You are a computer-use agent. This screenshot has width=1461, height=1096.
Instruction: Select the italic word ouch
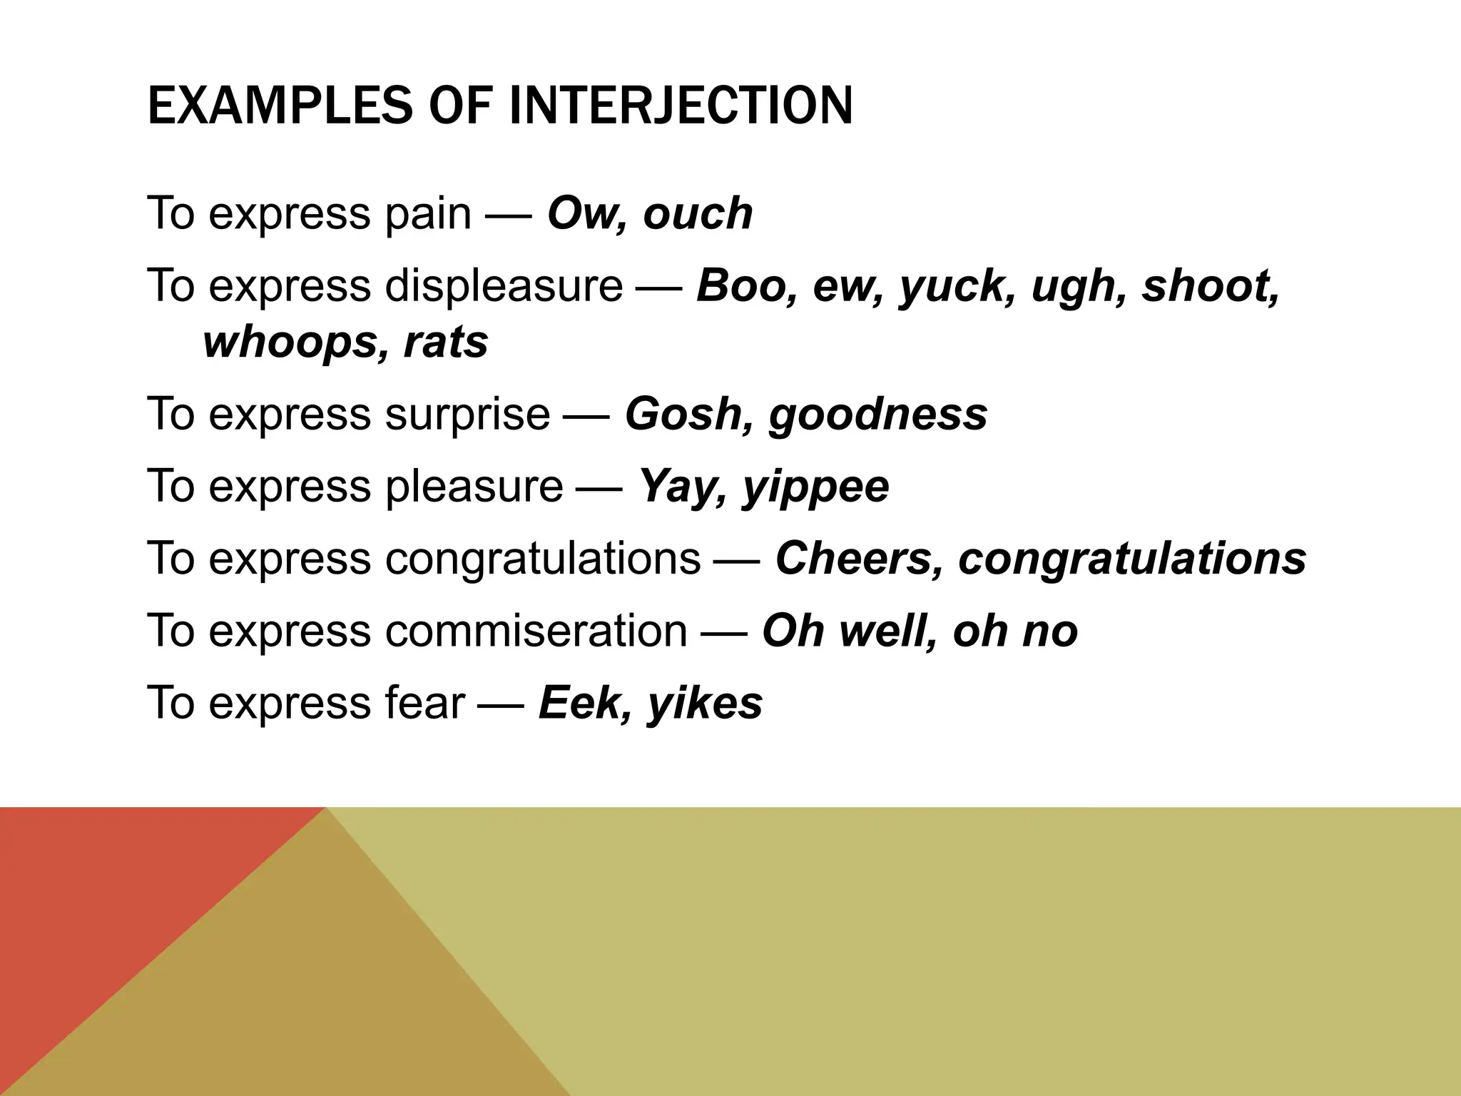point(698,213)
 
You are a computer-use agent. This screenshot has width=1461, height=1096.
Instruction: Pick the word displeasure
point(504,285)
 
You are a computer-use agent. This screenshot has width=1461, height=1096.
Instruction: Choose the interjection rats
point(446,342)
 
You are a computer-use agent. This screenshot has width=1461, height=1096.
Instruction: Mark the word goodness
point(878,415)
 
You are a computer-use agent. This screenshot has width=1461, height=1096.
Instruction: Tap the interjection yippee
point(816,487)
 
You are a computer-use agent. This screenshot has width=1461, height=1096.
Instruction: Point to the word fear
point(424,702)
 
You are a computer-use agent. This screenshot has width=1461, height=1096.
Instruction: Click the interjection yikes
point(705,704)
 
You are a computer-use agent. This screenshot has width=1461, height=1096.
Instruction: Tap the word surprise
point(467,414)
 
